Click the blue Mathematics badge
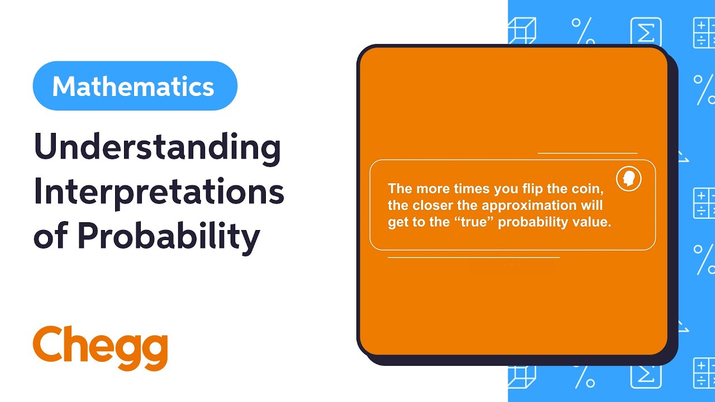(x=135, y=86)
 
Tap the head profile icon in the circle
(x=628, y=179)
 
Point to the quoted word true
(x=476, y=222)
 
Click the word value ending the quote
(x=593, y=222)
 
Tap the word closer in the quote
(x=433, y=205)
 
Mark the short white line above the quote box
(x=587, y=153)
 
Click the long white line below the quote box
(x=474, y=258)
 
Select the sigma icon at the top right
(x=646, y=32)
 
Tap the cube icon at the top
(x=522, y=32)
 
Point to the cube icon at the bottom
(x=522, y=375)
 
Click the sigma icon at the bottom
(x=646, y=375)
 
